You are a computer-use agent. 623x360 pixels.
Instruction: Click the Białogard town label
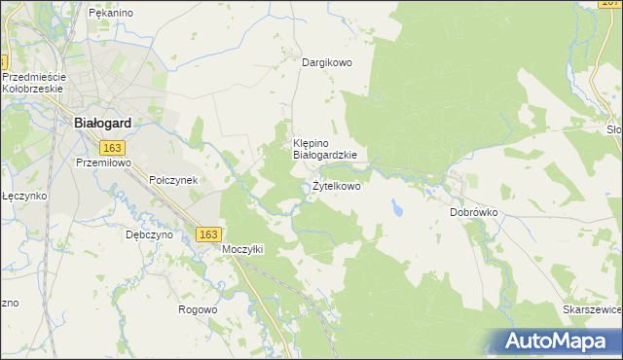[103, 124]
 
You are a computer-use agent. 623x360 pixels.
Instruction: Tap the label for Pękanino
[110, 13]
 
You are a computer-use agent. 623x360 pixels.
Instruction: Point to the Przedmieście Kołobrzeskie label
[33, 83]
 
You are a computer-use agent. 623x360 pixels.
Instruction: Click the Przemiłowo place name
[103, 163]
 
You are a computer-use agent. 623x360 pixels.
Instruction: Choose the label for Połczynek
[173, 180]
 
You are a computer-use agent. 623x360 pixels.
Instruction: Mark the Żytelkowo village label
[336, 186]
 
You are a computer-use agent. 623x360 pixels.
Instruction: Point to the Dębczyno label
[149, 234]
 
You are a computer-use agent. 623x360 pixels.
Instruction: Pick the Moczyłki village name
[243, 249]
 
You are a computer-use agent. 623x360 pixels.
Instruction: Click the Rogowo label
[197, 309]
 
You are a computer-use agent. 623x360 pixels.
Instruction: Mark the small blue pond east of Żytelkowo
[396, 207]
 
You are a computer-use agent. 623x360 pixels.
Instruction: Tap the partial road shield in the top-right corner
[611, 4]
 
